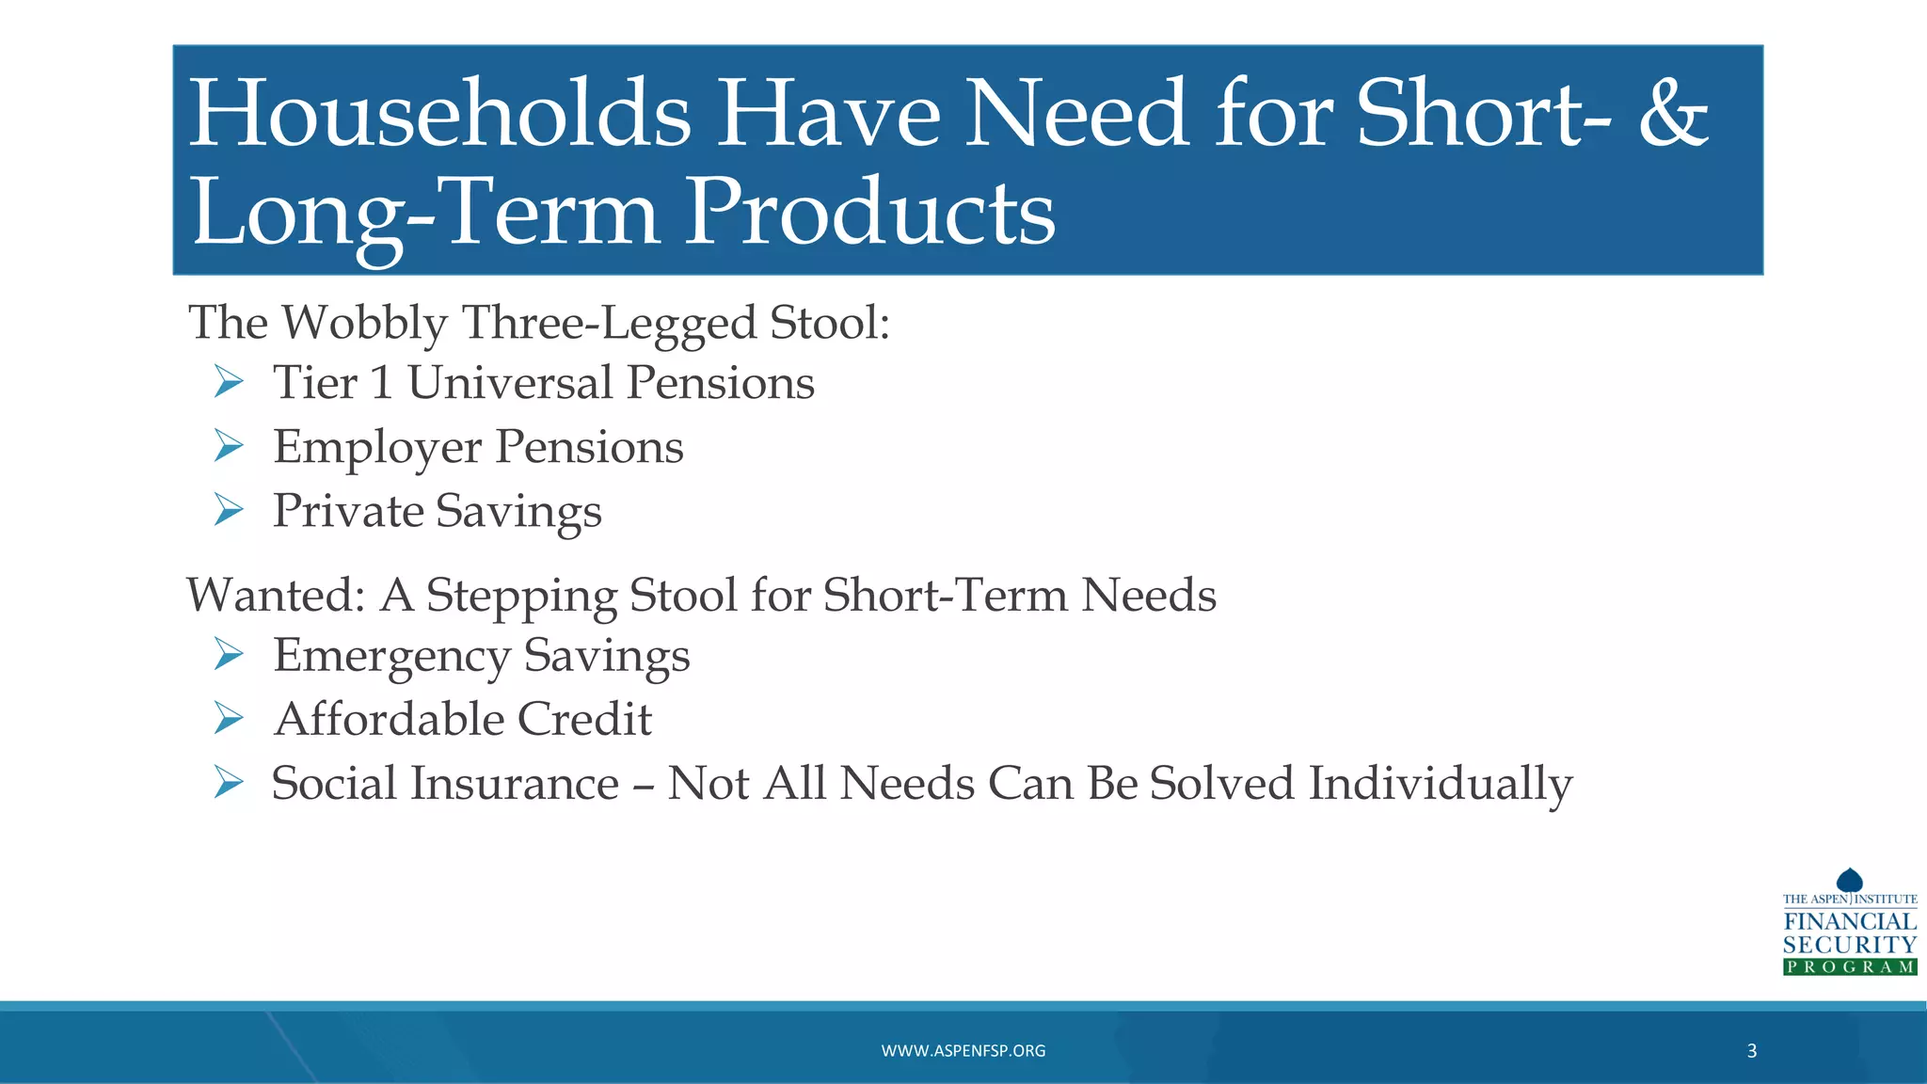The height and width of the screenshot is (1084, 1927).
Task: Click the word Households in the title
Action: tap(439, 115)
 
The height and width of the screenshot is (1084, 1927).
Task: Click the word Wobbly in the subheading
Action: tap(364, 325)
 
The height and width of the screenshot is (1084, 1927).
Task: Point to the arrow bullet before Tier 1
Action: tap(228, 382)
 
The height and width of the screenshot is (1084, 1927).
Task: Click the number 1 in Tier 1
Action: tap(380, 383)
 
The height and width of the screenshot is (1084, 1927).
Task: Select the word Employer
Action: tap(376, 448)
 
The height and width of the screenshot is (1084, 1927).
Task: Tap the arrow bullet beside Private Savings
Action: tap(228, 510)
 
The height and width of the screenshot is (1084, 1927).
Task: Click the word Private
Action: tap(347, 512)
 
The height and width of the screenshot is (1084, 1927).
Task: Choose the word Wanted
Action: tap(275, 596)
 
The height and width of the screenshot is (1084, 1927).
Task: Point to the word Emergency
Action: tap(390, 657)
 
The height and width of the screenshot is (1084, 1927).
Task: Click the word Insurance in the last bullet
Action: tap(513, 784)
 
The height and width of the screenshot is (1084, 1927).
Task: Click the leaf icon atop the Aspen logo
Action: tap(1849, 880)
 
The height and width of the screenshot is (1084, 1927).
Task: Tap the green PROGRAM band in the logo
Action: tap(1849, 967)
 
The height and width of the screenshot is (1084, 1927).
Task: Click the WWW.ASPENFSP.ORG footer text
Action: tap(963, 1051)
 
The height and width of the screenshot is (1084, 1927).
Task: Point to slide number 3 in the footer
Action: tap(1751, 1051)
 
